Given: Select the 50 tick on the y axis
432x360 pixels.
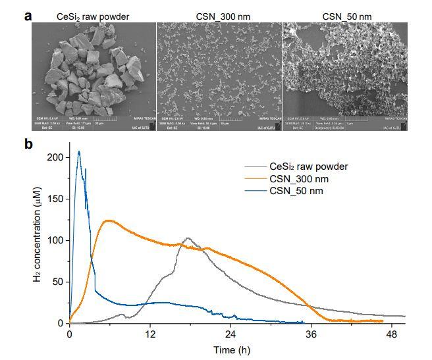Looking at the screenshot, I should click(57, 282).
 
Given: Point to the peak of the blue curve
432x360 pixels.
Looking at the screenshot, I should click(79, 151).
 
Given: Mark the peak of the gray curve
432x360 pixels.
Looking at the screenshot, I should click(188, 238).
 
